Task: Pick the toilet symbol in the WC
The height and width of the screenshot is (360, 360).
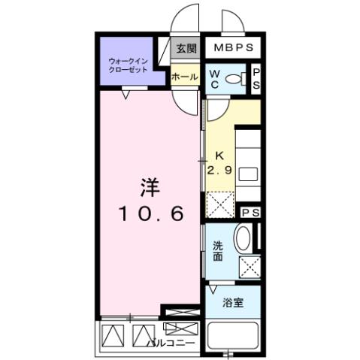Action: [236, 78]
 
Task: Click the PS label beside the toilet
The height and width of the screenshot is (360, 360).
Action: [256, 79]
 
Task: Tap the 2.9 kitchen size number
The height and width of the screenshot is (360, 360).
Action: [219, 169]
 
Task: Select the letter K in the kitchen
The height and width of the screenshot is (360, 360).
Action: [219, 156]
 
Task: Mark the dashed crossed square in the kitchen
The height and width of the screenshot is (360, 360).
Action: [219, 204]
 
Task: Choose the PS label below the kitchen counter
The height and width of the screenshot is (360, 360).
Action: [251, 213]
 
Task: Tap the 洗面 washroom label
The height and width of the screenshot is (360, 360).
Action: [216, 252]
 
